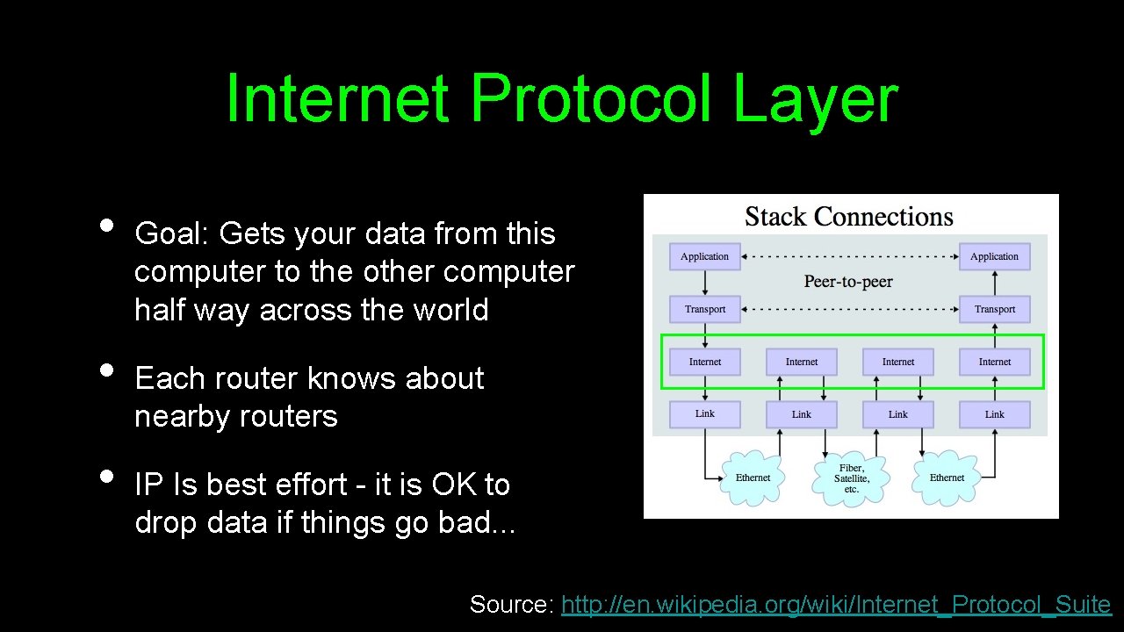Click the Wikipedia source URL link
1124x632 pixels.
[835, 604]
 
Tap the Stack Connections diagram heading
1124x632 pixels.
[848, 217]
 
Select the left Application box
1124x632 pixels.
[704, 256]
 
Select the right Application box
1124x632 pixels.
[994, 256]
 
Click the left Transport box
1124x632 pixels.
[704, 309]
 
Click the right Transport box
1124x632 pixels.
[994, 309]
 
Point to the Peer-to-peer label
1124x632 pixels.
[848, 282]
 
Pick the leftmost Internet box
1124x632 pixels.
[704, 362]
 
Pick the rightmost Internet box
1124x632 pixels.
[994, 362]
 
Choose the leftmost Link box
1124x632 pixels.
[704, 414]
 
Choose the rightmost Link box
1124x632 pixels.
[994, 414]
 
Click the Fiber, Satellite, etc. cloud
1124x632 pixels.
[851, 478]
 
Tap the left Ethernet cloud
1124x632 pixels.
[753, 478]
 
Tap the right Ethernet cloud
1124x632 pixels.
[947, 478]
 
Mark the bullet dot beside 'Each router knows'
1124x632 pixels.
[106, 369]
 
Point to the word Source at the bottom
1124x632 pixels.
[509, 604]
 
